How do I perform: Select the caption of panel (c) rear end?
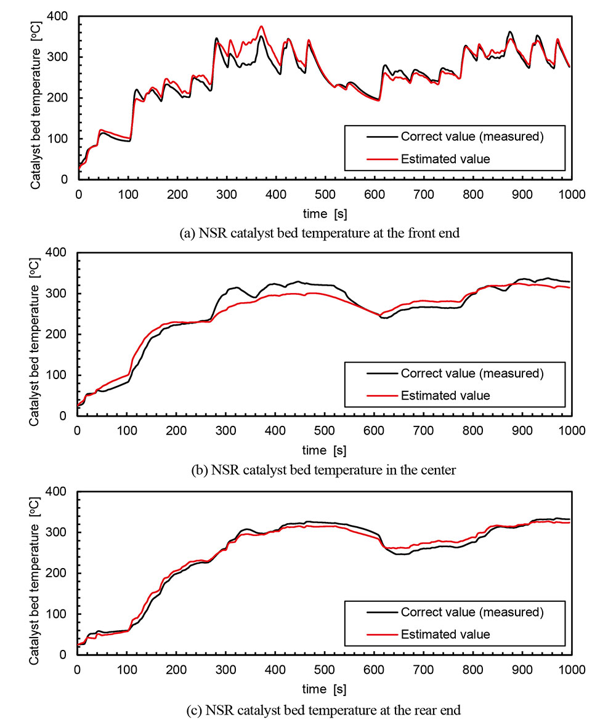click(x=323, y=710)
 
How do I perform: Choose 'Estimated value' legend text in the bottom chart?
click(x=445, y=634)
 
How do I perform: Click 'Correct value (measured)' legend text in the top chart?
click(x=472, y=137)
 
